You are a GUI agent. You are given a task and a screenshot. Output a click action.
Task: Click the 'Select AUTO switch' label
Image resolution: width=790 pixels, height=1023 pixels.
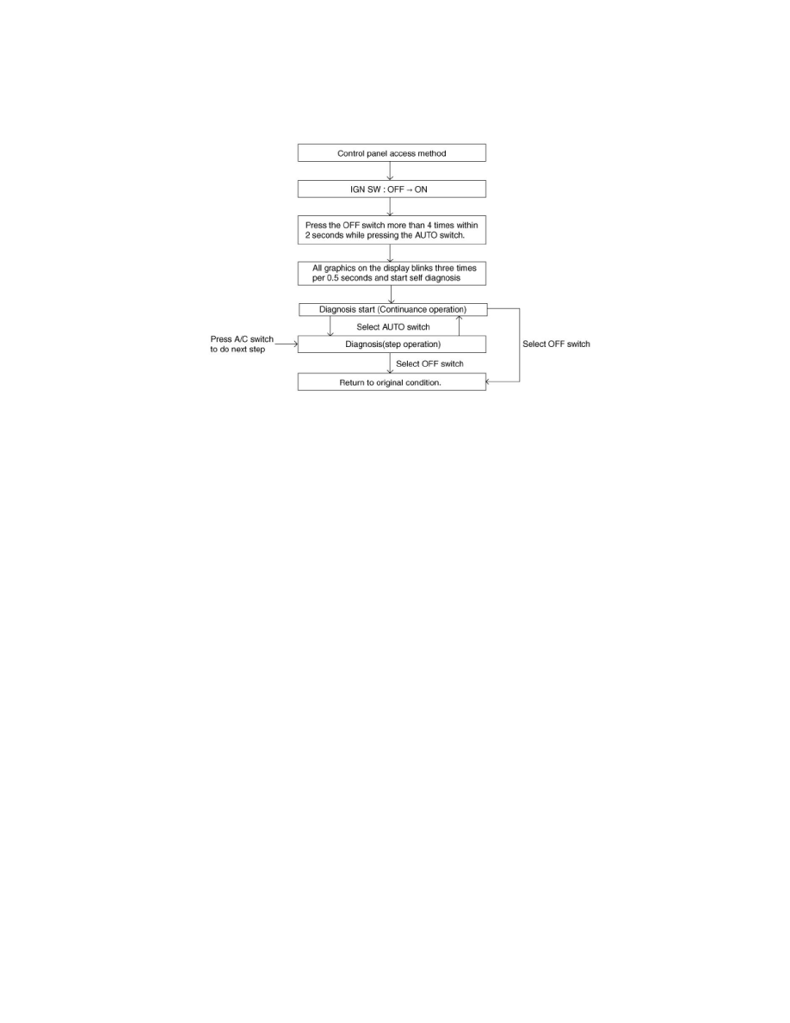tap(393, 327)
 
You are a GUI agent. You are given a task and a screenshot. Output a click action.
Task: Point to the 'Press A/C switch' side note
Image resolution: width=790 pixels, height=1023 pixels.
tap(241, 344)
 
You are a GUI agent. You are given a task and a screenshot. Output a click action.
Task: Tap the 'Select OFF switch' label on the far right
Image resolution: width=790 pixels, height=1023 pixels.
tap(556, 344)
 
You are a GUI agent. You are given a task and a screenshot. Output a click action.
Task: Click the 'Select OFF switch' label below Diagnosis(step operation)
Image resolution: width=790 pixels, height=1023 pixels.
tap(429, 363)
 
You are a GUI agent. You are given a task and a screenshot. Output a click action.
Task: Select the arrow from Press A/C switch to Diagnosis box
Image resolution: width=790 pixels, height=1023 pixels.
tap(287, 344)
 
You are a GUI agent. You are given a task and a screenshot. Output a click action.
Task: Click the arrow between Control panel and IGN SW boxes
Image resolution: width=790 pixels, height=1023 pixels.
tap(390, 171)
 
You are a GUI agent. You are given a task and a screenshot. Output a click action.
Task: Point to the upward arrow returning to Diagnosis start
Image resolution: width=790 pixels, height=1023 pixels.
tap(459, 325)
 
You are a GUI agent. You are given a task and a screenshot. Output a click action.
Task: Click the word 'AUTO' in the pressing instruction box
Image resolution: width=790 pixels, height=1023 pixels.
tap(426, 235)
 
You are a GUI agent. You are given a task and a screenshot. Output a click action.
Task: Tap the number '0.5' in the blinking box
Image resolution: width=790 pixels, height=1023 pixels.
tap(333, 278)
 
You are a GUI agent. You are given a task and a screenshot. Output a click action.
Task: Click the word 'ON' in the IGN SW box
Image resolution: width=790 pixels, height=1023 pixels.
tap(421, 189)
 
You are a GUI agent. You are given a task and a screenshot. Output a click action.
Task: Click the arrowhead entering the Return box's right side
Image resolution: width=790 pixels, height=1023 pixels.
tap(488, 381)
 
